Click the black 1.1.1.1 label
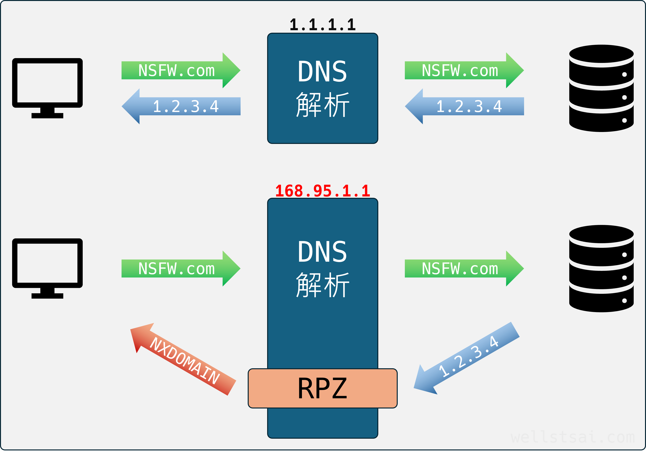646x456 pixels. pos(323,25)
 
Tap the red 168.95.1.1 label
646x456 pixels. pos(323,191)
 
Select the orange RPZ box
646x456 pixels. pos(323,388)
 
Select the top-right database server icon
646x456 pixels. pos(601,88)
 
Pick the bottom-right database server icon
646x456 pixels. pos(601,268)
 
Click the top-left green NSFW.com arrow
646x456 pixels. pos(180,70)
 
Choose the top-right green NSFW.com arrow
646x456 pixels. pos(464,70)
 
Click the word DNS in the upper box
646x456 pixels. pos(323,72)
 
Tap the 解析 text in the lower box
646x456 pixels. pos(323,285)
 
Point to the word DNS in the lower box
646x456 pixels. pos(323,252)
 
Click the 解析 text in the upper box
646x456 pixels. pos(323,105)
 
